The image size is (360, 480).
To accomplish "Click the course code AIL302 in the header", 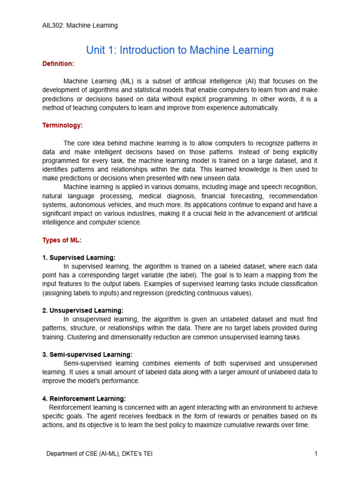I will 52,25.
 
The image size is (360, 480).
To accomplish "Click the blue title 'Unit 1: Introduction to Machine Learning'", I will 180,50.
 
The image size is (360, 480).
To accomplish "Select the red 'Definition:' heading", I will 58,63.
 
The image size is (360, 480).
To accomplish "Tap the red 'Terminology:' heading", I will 62,125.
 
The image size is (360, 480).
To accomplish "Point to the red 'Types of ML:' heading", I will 62,240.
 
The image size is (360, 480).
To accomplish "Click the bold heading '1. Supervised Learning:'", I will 79,257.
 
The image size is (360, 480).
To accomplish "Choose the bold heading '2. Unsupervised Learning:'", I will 82,310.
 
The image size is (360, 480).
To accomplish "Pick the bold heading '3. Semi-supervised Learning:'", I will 87,354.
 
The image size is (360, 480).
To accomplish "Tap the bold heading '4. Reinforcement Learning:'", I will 84,398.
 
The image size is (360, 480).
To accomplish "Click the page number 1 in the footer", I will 316,454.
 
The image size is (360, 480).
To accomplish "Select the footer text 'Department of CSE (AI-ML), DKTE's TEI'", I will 99,454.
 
